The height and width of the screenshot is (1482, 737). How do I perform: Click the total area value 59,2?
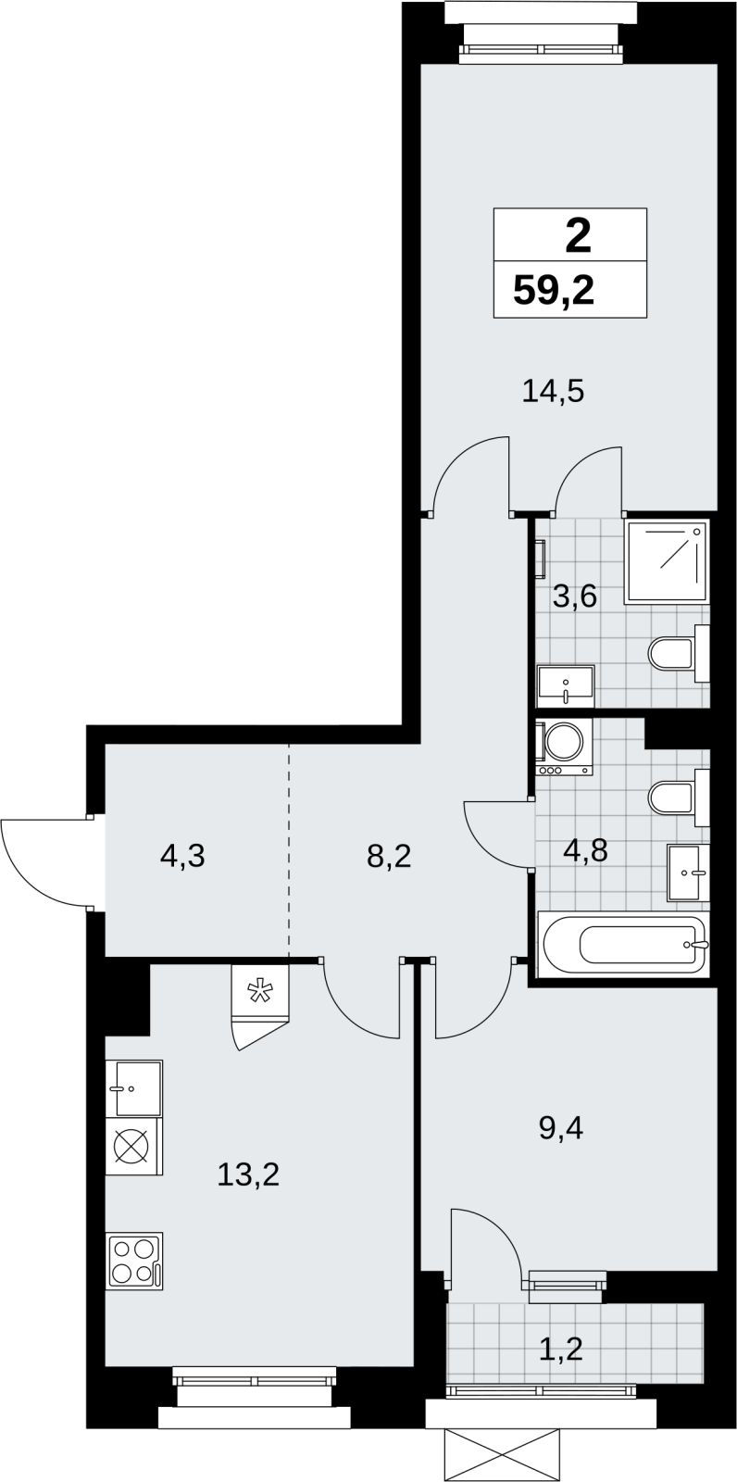[x=554, y=291]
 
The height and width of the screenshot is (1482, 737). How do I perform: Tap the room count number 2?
[x=579, y=237]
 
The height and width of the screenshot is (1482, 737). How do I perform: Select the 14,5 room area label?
[x=553, y=391]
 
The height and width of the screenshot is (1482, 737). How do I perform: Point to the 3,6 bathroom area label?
[x=575, y=597]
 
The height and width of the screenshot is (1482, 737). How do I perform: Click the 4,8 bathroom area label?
[x=585, y=850]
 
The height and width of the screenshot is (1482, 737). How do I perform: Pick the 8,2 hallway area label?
[x=389, y=856]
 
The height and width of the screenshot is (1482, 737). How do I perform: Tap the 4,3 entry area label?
[x=182, y=856]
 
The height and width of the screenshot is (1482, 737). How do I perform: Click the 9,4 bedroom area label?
[x=561, y=1127]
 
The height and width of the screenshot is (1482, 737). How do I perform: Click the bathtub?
[x=624, y=944]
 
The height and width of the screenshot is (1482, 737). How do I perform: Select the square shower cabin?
[x=667, y=561]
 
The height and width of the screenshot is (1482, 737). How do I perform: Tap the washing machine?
[x=565, y=747]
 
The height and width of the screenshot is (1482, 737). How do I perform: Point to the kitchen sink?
[x=134, y=1088]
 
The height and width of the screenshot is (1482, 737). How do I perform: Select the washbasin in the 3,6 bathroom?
[x=566, y=685]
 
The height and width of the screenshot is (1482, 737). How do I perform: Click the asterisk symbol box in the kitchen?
[x=260, y=992]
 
